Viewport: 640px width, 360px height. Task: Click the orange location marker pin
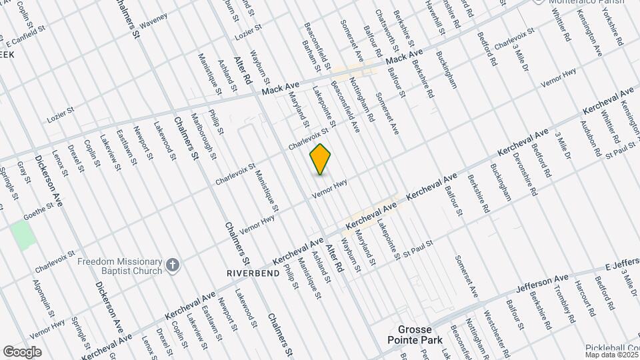(321, 159)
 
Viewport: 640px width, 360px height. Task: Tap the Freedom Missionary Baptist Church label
(120, 266)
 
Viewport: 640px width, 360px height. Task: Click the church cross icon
(173, 266)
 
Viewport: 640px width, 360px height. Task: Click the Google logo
(22, 352)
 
